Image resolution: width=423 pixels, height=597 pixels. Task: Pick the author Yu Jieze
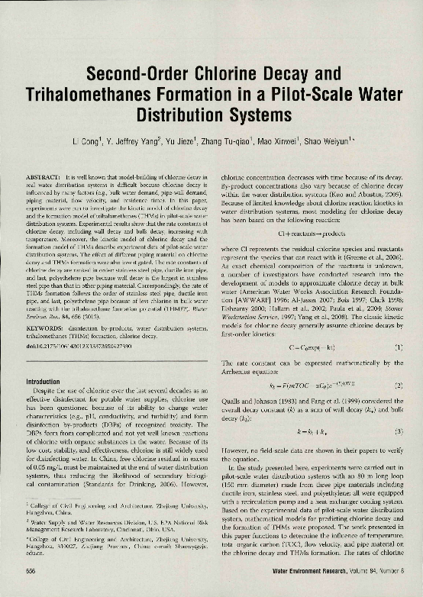tap(187, 142)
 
